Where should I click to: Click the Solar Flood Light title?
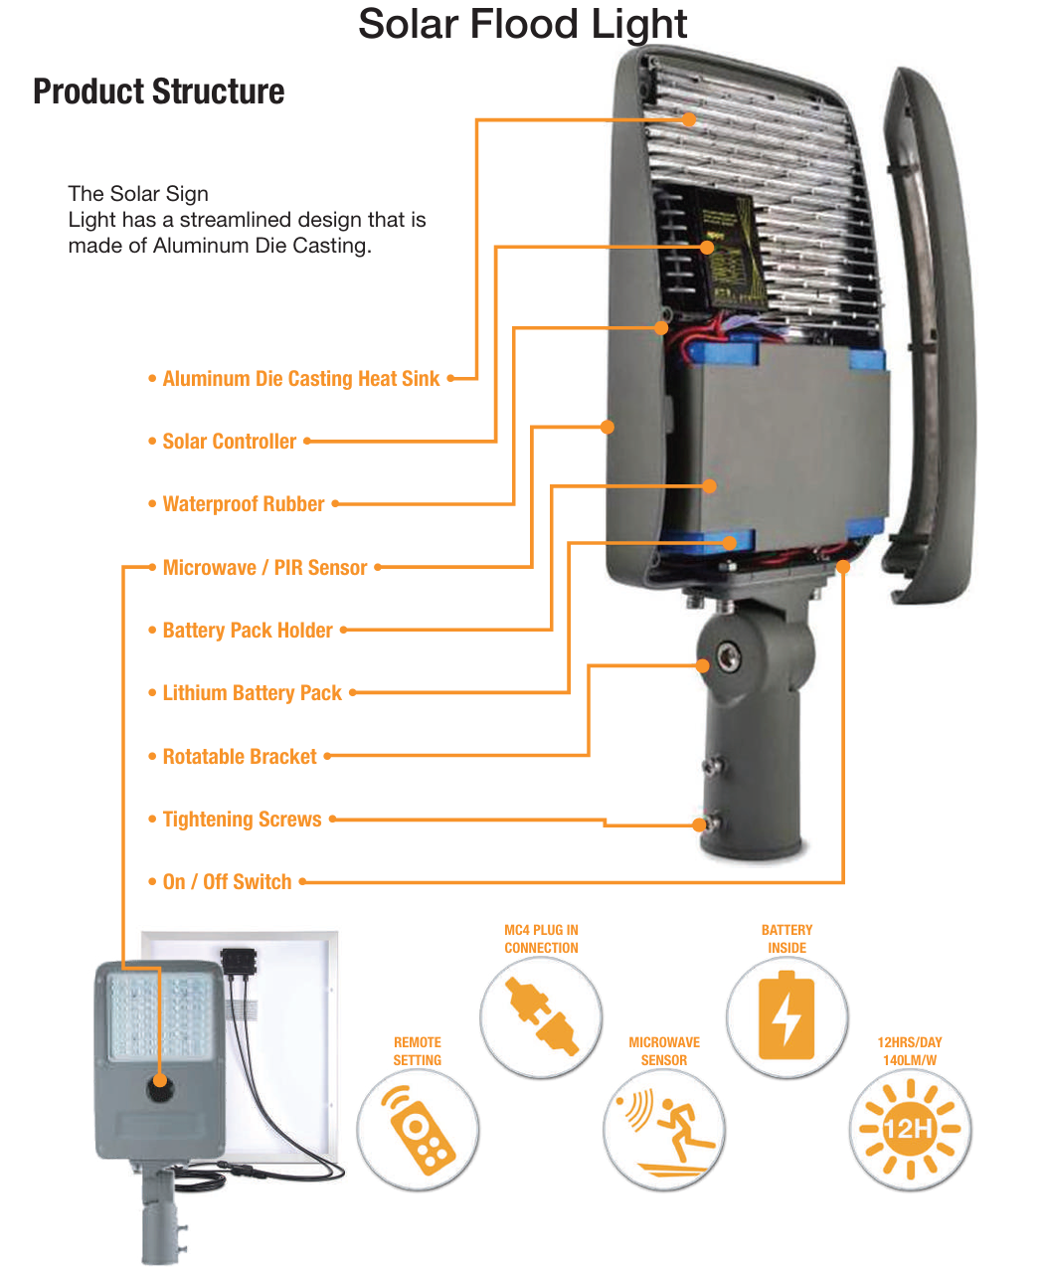(x=522, y=25)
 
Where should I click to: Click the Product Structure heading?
(x=159, y=91)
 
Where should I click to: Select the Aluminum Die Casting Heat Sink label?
(x=300, y=379)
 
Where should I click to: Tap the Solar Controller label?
(x=229, y=442)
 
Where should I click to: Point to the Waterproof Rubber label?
(x=243, y=504)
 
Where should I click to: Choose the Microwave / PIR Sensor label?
(x=264, y=568)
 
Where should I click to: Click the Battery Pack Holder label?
(x=248, y=631)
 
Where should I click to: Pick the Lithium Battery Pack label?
(x=252, y=693)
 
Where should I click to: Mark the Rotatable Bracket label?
(x=240, y=757)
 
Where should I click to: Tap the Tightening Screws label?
(x=242, y=820)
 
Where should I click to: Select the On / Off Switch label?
(x=227, y=882)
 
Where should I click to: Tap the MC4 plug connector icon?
(x=542, y=1015)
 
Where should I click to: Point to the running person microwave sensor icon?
(x=664, y=1130)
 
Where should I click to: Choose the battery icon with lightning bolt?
(x=786, y=1017)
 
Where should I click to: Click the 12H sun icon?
(x=909, y=1130)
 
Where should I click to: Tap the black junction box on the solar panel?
(x=239, y=962)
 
